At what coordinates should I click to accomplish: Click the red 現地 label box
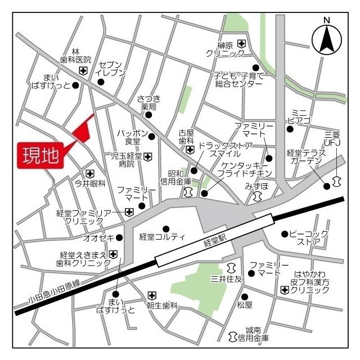click(x=41, y=155)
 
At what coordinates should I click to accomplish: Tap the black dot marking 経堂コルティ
click(x=166, y=228)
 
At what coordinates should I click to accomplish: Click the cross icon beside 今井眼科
click(x=90, y=174)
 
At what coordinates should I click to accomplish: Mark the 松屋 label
click(x=244, y=305)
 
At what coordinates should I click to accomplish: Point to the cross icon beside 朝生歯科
click(x=151, y=295)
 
